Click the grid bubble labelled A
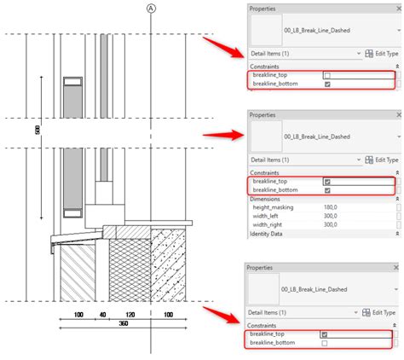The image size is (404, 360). pos(152,9)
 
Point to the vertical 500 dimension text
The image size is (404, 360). pos(39,130)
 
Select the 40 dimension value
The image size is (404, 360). pos(101,315)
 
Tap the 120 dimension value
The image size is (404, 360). pos(130,315)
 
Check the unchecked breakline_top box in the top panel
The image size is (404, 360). pos(328,75)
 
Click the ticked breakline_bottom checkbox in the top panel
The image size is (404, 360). pos(328,84)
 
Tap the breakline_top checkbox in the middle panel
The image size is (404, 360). pos(328,181)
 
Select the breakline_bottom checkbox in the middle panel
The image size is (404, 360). pos(328,189)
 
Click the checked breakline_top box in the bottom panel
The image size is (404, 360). pos(324,334)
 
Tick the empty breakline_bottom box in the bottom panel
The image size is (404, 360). pos(324,343)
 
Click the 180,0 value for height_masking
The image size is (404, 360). pos(330,207)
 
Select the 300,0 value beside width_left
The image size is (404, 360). pos(330,216)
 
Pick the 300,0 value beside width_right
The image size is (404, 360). pos(330,224)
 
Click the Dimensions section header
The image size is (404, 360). pos(268,199)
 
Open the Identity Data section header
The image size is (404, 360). pos(270,234)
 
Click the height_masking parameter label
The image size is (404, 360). pos(273,207)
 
